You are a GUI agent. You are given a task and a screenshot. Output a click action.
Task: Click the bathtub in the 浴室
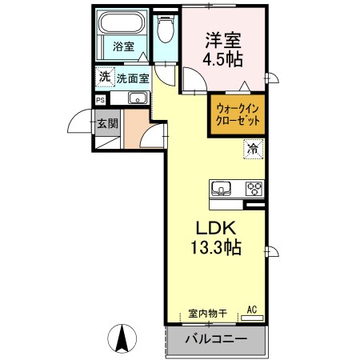point(122,22)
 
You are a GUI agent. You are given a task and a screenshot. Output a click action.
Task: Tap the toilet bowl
point(166,29)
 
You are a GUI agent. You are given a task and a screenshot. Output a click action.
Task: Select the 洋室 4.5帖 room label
point(223,50)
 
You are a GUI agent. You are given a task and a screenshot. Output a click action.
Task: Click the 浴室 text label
point(123,46)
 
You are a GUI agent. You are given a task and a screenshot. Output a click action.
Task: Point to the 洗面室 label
point(133,78)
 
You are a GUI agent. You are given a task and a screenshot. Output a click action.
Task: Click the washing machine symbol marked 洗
point(105,77)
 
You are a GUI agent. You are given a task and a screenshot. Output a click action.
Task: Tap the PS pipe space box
point(100,101)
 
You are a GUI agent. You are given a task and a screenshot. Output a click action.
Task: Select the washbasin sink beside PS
point(138,98)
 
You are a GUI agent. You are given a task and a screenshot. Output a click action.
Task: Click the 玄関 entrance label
point(107,123)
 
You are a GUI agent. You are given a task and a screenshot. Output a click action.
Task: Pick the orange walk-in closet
point(237,114)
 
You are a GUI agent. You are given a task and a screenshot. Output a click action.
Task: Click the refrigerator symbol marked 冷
point(253,149)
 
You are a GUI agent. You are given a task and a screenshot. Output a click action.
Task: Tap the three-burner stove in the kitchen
point(254,189)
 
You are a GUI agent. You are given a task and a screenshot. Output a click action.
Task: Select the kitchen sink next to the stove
point(221,188)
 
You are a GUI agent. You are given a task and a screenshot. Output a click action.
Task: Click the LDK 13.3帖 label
point(216,238)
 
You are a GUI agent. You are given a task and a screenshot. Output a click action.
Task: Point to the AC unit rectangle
point(252,318)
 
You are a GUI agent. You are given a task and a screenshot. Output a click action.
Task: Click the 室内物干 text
point(208,314)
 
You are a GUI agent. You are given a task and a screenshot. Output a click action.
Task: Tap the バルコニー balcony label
point(216,339)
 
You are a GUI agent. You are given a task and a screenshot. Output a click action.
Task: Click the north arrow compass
point(122,338)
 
